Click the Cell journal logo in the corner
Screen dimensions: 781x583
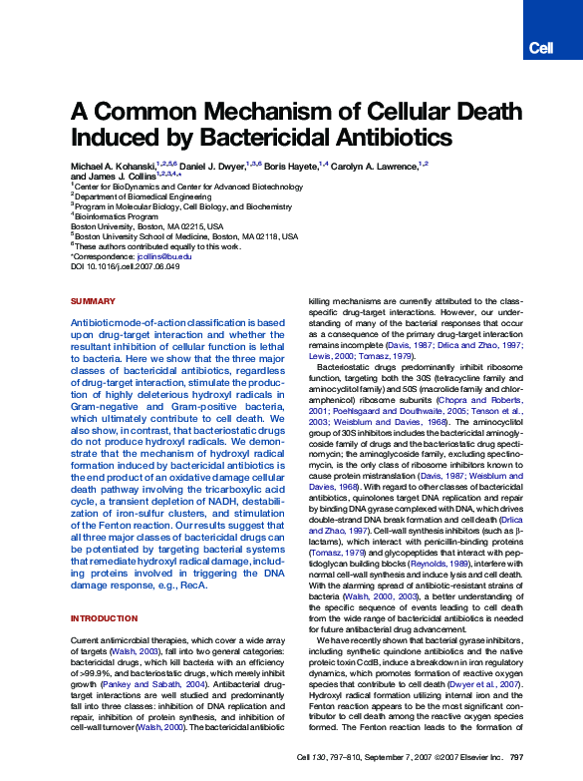point(540,48)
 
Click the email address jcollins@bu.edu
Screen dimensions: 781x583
point(163,257)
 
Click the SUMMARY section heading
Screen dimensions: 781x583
point(93,301)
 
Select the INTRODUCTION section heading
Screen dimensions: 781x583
point(104,619)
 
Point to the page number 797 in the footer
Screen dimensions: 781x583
point(516,758)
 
